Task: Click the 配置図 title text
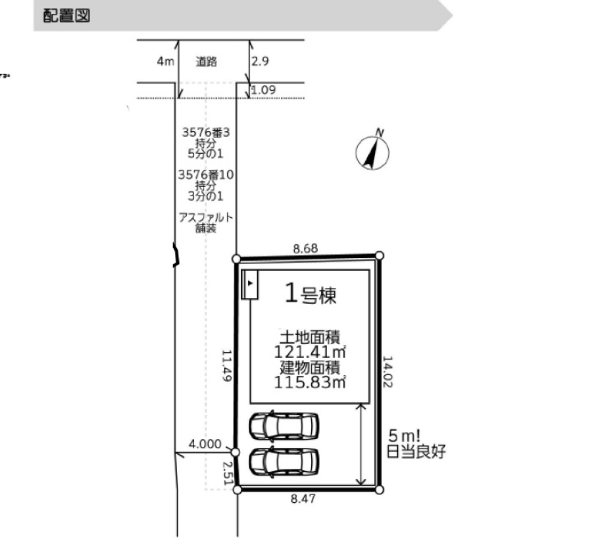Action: pyautogui.click(x=66, y=16)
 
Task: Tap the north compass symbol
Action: pyautogui.click(x=372, y=150)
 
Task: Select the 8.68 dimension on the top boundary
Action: pyautogui.click(x=306, y=249)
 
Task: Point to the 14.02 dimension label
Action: pyautogui.click(x=388, y=371)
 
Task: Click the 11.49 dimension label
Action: pyautogui.click(x=227, y=365)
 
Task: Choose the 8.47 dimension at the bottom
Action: pyautogui.click(x=303, y=499)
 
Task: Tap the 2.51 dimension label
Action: pyautogui.click(x=228, y=473)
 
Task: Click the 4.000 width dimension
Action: pyautogui.click(x=205, y=444)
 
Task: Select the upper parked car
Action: pyautogui.click(x=284, y=426)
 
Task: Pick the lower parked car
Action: pyautogui.click(x=284, y=461)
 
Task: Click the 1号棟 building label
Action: pyautogui.click(x=311, y=294)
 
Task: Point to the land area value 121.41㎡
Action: pyautogui.click(x=310, y=352)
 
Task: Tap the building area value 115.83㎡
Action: pyautogui.click(x=310, y=382)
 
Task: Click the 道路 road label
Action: pyautogui.click(x=207, y=61)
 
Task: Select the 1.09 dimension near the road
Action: pyautogui.click(x=263, y=90)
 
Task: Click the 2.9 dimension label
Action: pyautogui.click(x=260, y=61)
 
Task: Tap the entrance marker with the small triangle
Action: pyautogui.click(x=249, y=284)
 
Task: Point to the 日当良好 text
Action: pyautogui.click(x=416, y=451)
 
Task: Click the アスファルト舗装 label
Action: pyautogui.click(x=206, y=223)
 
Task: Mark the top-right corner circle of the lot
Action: pyautogui.click(x=380, y=255)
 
